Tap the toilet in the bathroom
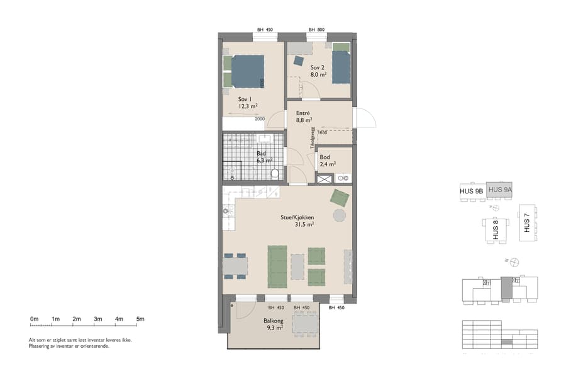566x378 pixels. coord(275,174)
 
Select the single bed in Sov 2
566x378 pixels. coord(340,67)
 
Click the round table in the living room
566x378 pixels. coord(339,215)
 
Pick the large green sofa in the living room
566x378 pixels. coord(277,265)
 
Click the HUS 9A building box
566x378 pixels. coord(501,189)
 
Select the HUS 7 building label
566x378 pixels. coord(526,222)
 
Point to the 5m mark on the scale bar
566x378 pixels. coord(140,319)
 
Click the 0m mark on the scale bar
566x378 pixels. coord(34,319)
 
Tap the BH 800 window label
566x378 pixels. coord(316,30)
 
